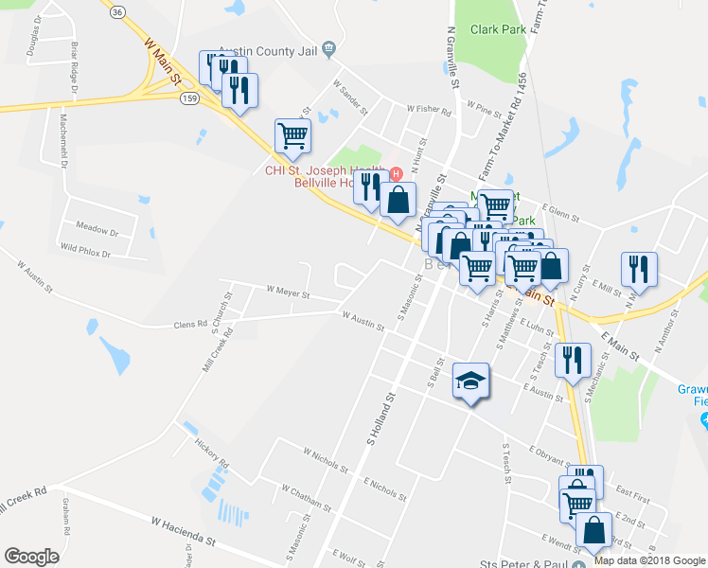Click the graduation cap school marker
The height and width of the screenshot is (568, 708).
tap(471, 381)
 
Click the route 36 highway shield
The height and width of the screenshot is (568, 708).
tap(116, 11)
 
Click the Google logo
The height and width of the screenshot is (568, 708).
tap(31, 557)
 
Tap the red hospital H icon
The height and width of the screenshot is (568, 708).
tap(397, 174)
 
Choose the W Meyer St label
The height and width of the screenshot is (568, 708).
tap(289, 293)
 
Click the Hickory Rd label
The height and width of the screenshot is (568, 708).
tap(213, 453)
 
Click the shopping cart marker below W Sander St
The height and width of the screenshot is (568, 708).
tap(292, 135)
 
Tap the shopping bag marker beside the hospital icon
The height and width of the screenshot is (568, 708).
tap(398, 200)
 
